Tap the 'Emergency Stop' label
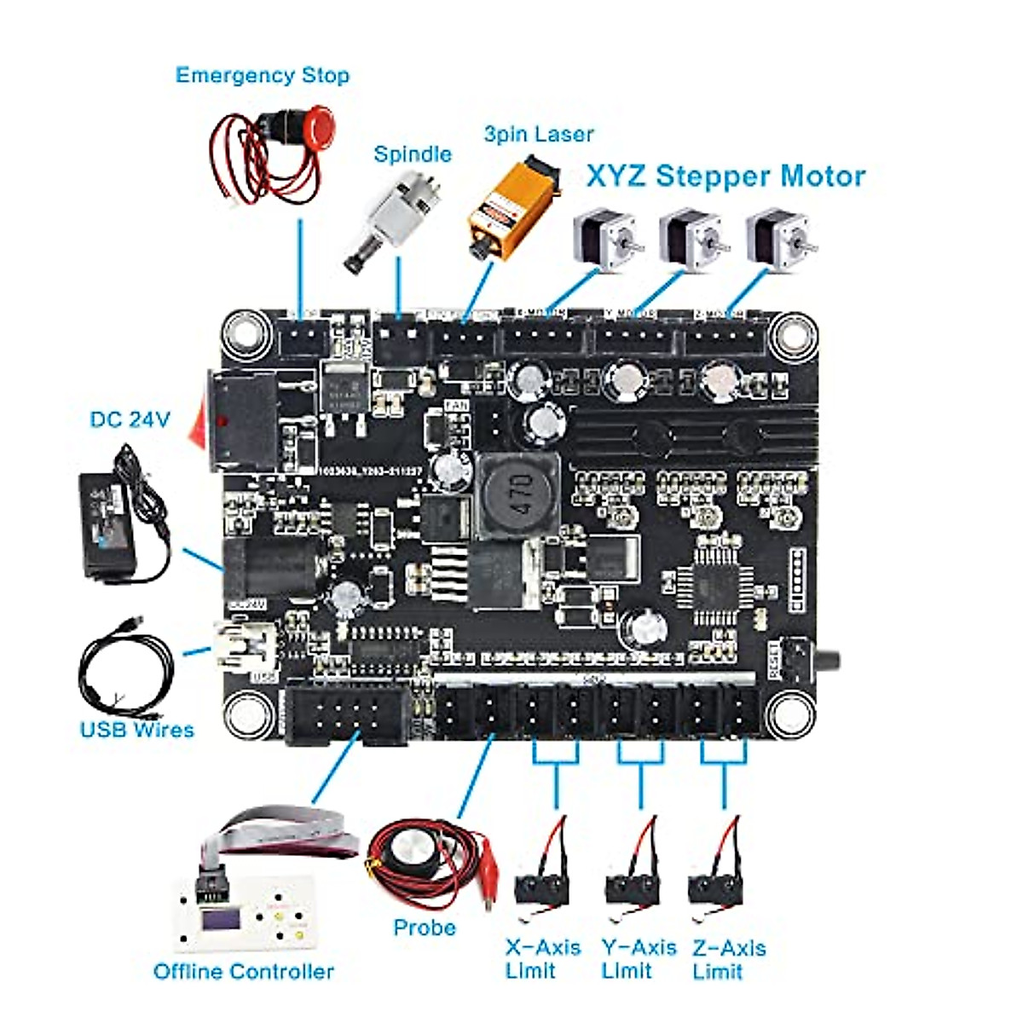[x=262, y=75]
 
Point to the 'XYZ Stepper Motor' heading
[x=725, y=176]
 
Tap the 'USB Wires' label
[x=136, y=730]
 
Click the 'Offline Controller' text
[x=243, y=971]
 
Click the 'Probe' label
[x=424, y=928]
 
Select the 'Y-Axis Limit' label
[x=639, y=959]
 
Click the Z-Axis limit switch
[x=714, y=887]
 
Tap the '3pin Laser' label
[x=538, y=134]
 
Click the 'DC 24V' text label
[x=130, y=419]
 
